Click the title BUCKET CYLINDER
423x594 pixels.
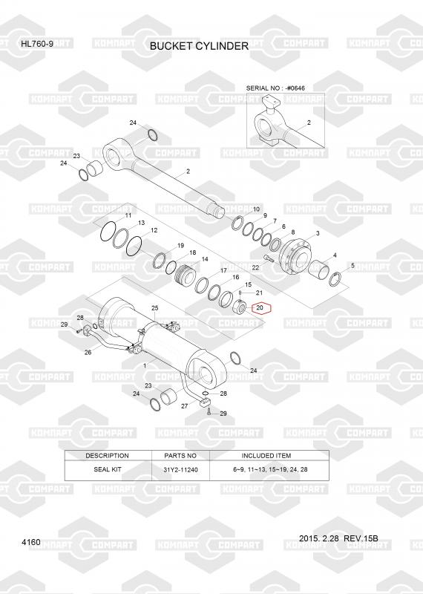click(199, 46)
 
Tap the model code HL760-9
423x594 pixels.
click(37, 44)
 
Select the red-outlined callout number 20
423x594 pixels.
click(260, 308)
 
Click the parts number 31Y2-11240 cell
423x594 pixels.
click(180, 470)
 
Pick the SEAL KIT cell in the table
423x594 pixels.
click(108, 469)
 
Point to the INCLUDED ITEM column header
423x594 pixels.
click(266, 456)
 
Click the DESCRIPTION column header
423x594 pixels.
click(107, 456)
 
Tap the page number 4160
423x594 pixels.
click(31, 542)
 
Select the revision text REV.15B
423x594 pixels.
click(361, 538)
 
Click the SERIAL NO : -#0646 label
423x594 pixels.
click(275, 88)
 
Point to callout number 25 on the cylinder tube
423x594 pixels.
click(154, 308)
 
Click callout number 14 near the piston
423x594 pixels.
click(205, 259)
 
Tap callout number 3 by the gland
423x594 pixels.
click(318, 233)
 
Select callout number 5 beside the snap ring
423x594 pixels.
click(352, 266)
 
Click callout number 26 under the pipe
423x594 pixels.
click(88, 352)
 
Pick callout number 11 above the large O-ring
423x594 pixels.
click(128, 215)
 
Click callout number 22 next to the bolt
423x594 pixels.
click(255, 268)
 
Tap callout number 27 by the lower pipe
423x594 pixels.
click(185, 406)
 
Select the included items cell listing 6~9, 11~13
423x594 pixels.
click(270, 469)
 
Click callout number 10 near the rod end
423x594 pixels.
click(256, 209)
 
